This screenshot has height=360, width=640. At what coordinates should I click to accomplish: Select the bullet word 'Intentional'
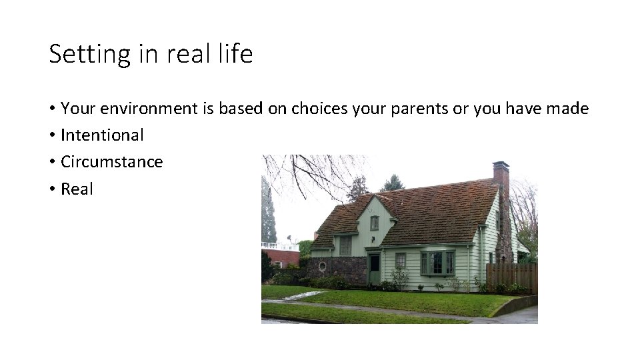coord(102,135)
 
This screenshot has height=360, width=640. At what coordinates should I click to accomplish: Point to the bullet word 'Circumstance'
coord(111,162)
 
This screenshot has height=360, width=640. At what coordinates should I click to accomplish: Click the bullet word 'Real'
coord(77,189)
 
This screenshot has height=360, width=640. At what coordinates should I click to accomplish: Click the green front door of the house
coord(375,268)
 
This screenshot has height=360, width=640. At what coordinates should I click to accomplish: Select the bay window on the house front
coord(437,263)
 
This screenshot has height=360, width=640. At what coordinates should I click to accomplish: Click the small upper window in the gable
coord(375,223)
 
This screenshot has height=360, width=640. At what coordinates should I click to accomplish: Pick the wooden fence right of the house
coord(511,275)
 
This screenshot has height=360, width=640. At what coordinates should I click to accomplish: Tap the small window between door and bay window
coord(400,260)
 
